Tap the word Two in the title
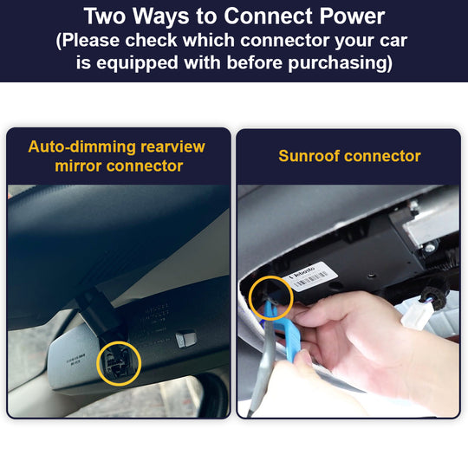pyautogui.click(x=111, y=16)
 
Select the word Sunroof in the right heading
pyautogui.click(x=309, y=156)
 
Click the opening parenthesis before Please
pyautogui.click(x=59, y=40)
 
